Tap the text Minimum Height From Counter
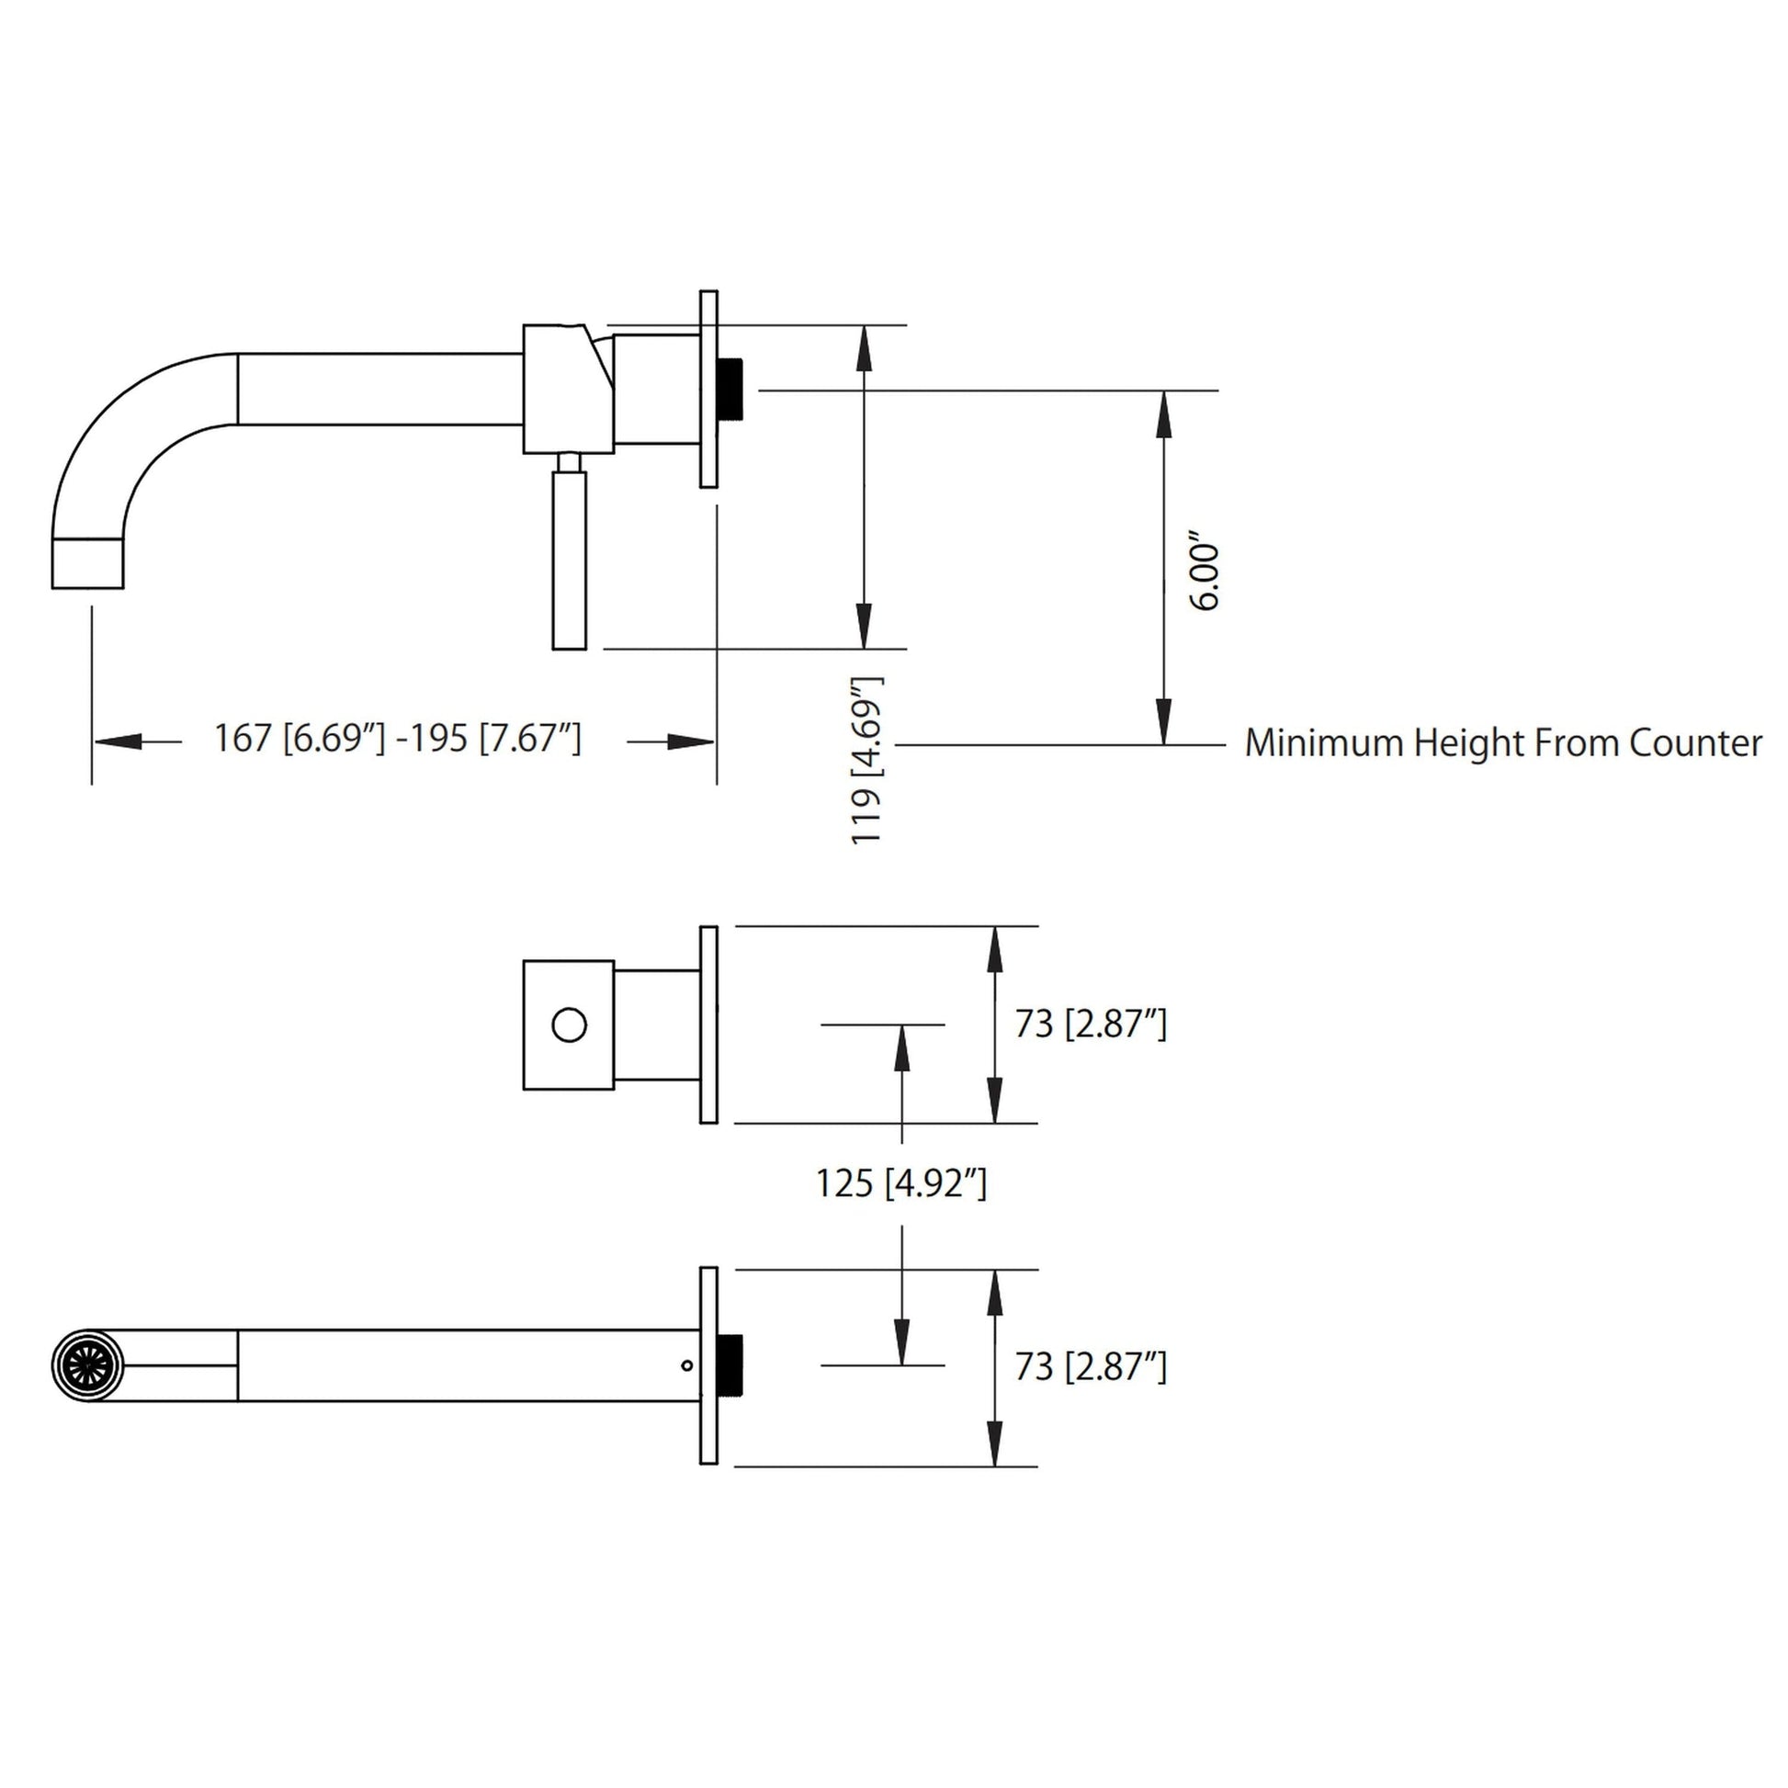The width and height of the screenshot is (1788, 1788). (x=1503, y=743)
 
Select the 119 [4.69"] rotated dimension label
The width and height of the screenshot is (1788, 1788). (x=867, y=759)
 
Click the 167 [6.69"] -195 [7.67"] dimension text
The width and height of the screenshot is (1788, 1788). (x=398, y=739)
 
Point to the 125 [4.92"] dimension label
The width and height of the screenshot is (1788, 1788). (x=900, y=1183)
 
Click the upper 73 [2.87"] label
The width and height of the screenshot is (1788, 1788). (x=1091, y=1024)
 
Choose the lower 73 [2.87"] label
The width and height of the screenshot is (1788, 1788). (x=1091, y=1367)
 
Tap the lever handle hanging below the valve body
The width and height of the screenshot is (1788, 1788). (x=568, y=560)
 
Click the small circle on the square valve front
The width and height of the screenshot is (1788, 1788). (x=568, y=1025)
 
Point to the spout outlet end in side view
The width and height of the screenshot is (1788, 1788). (x=87, y=562)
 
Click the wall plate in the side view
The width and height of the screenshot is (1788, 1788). (x=708, y=389)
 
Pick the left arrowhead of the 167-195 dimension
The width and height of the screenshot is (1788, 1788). (x=119, y=741)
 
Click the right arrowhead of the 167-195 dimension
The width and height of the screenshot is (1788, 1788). (x=690, y=741)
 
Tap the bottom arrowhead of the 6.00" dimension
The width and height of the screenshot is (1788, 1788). (x=1164, y=722)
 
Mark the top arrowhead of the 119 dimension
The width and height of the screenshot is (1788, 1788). (x=864, y=348)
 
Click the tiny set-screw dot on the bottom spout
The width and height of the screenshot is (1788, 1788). (x=685, y=1365)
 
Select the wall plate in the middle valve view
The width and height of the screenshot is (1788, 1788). (x=708, y=1024)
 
